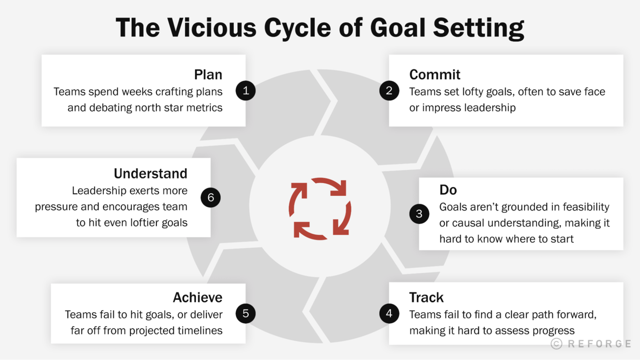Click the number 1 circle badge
pyautogui.click(x=246, y=90)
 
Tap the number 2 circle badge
pyautogui.click(x=389, y=90)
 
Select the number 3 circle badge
pyautogui.click(x=419, y=214)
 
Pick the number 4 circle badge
pyautogui.click(x=389, y=314)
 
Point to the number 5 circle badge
pyautogui.click(x=246, y=314)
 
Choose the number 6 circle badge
pyautogui.click(x=211, y=197)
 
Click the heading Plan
pyautogui.click(x=208, y=75)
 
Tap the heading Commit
pyautogui.click(x=435, y=75)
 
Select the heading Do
pyautogui.click(x=448, y=190)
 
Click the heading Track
pyautogui.click(x=426, y=297)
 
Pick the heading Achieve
pyautogui.click(x=198, y=297)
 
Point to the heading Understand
pyautogui.click(x=150, y=174)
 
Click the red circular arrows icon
pyautogui.click(x=320, y=209)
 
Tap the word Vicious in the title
pyautogui.click(x=212, y=28)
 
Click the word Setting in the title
pyautogui.click(x=478, y=28)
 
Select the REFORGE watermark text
pyautogui.click(x=599, y=344)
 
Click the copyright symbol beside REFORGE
pyautogui.click(x=556, y=344)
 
